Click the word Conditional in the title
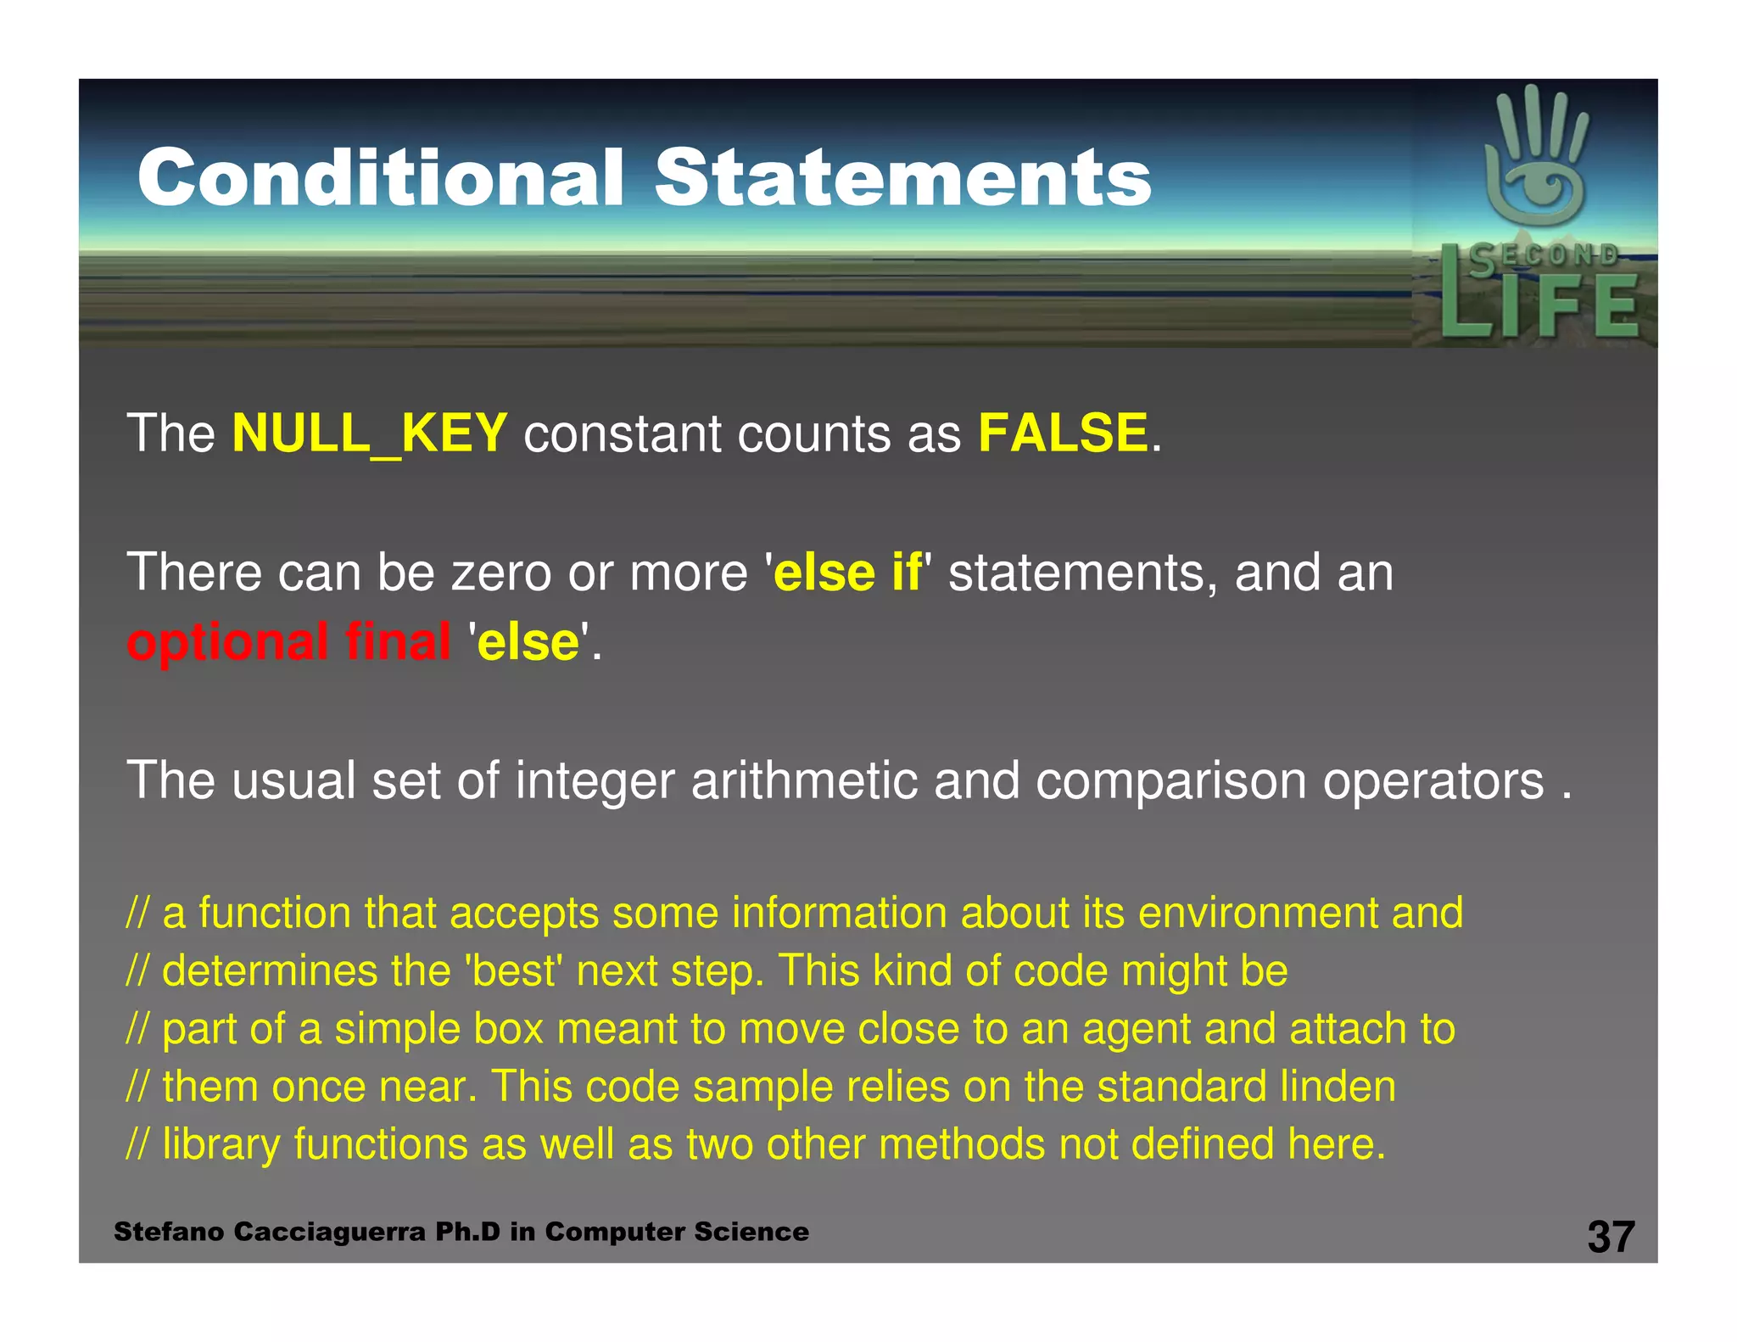coord(381,177)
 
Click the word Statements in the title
coord(902,177)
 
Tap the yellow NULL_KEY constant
coord(369,433)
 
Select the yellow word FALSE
coord(1063,433)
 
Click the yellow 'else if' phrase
coord(847,573)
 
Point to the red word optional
coord(227,642)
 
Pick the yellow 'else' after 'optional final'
coord(528,642)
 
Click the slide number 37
coord(1611,1237)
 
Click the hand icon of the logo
coord(1536,157)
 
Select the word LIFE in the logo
coord(1539,305)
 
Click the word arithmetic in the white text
coord(804,780)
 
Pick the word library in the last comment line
coord(221,1145)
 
